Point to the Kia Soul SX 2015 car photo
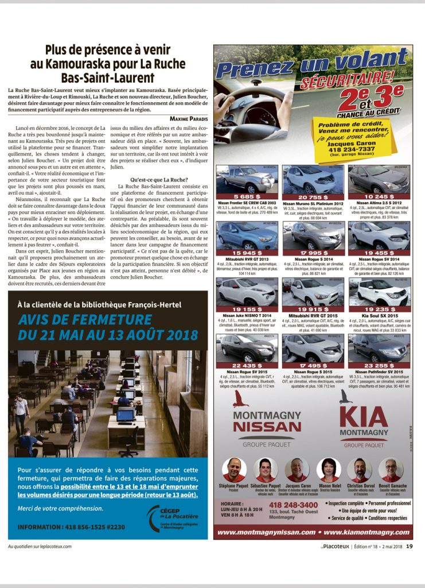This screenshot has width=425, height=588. click(x=379, y=292)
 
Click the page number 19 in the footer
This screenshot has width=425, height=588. click(x=409, y=546)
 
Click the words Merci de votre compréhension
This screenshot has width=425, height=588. click(x=57, y=508)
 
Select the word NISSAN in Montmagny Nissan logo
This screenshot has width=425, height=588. click(x=267, y=425)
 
